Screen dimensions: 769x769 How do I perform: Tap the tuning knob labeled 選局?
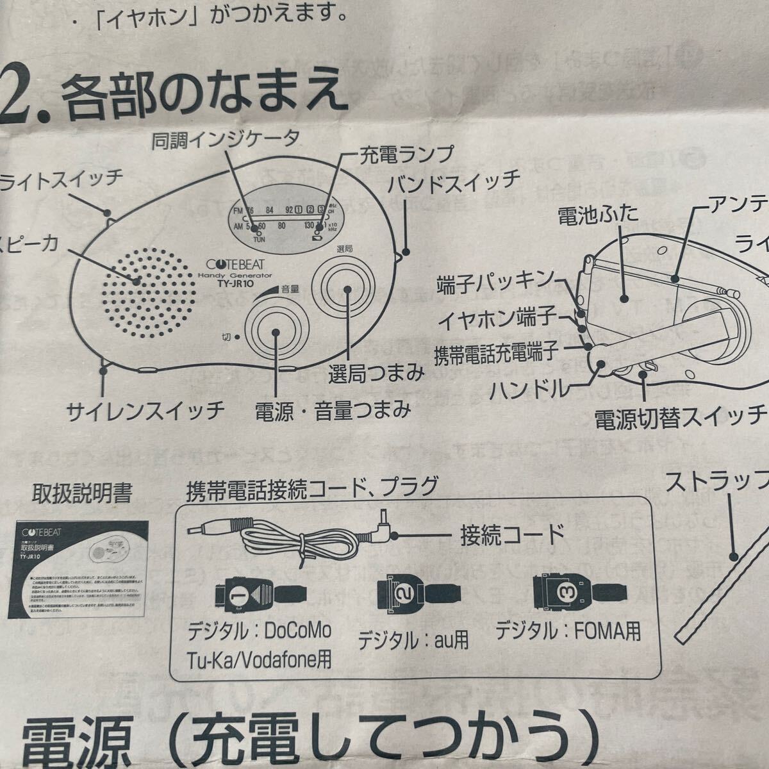tap(346, 290)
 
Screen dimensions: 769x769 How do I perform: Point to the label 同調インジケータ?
tap(226, 140)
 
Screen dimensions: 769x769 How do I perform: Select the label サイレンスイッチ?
tap(146, 408)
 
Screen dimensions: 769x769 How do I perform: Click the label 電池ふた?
tap(598, 213)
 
